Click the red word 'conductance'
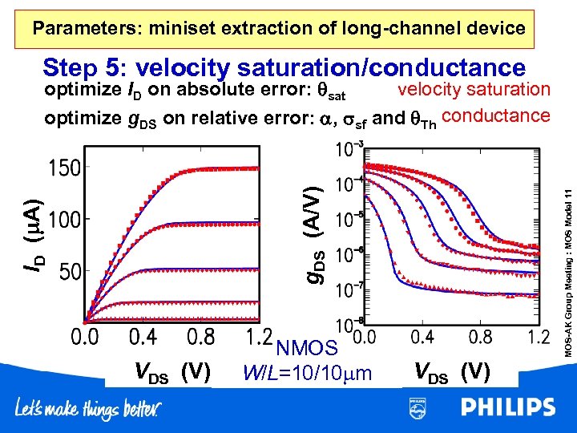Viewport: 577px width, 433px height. pyautogui.click(x=495, y=115)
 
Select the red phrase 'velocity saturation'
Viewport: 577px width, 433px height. pyautogui.click(x=474, y=89)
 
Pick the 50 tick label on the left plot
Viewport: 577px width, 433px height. pyautogui.click(x=63, y=271)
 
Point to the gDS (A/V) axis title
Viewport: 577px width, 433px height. pyautogui.click(x=316, y=232)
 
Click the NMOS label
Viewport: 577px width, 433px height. pyautogui.click(x=305, y=349)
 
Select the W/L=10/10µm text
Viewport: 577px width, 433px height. pyautogui.click(x=308, y=373)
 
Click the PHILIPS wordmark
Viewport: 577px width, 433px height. pyautogui.click(x=506, y=408)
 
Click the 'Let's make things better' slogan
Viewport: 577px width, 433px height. pyautogui.click(x=88, y=410)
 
